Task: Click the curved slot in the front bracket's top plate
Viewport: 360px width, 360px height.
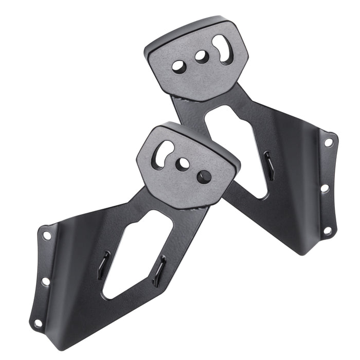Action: [164, 153]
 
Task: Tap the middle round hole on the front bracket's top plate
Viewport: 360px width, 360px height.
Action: [183, 164]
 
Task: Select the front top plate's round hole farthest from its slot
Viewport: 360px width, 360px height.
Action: [204, 176]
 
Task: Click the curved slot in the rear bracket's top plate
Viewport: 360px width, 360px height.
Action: [223, 49]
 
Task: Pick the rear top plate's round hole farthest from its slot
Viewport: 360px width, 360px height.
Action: [179, 66]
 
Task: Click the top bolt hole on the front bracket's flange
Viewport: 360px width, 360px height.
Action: [47, 236]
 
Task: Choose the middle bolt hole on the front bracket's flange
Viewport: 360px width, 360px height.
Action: [45, 281]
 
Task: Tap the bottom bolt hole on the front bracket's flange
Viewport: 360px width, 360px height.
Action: [37, 323]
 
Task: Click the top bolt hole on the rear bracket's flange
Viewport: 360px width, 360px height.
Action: [329, 142]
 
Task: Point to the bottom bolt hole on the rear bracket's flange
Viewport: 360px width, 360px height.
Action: [327, 230]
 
